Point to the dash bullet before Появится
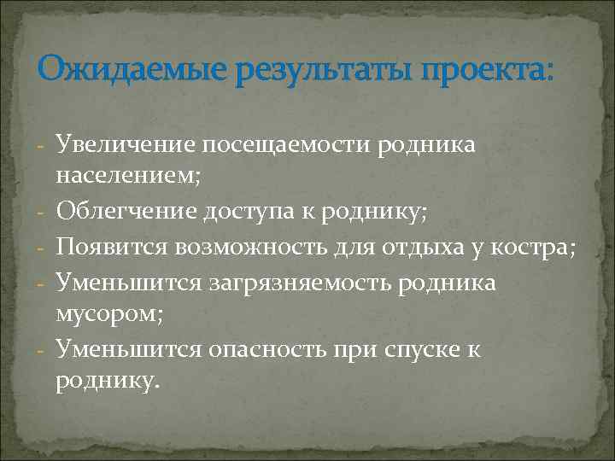click(42, 248)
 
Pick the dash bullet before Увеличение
click(42, 146)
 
